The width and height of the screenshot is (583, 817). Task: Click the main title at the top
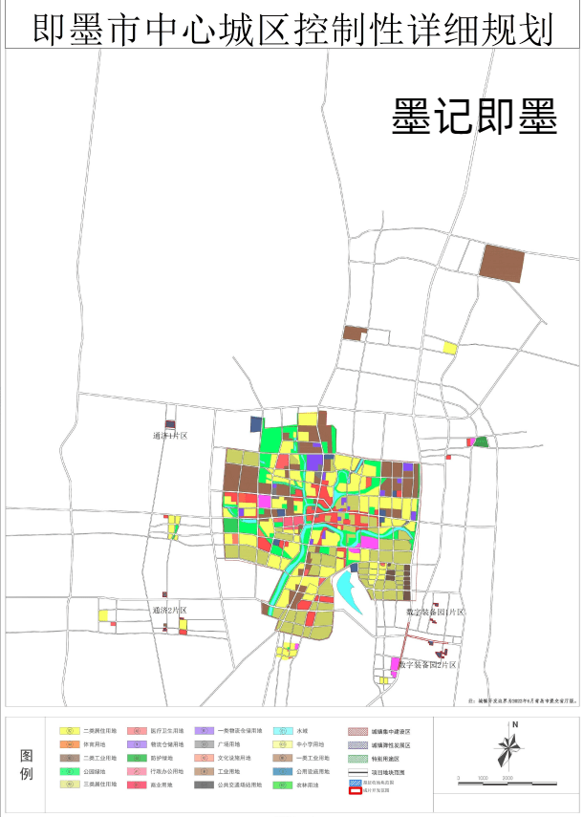[291, 29]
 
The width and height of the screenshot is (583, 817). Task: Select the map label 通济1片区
[170, 436]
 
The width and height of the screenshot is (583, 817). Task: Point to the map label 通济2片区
[170, 610]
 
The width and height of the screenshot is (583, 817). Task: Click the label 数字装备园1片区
[434, 612]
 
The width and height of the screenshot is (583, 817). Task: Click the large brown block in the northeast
[502, 263]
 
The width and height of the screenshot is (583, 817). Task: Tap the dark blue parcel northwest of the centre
[256, 423]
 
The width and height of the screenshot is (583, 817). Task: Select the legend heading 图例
[27, 763]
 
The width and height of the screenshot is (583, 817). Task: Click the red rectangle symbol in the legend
[356, 792]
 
